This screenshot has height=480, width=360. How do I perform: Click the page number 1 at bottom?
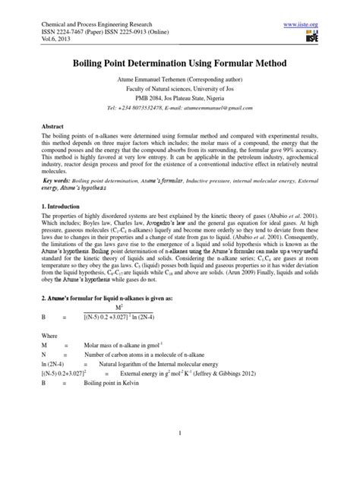(179, 454)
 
